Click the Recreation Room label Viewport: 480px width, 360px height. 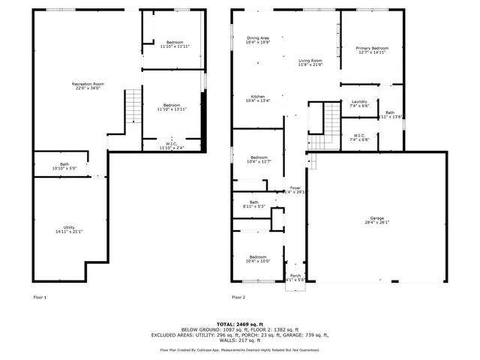(88, 84)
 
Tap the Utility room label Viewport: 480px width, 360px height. (67, 228)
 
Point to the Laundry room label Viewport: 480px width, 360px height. (359, 103)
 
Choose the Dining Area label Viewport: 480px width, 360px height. (258, 38)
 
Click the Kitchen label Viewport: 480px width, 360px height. (258, 97)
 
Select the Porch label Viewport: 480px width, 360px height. (296, 277)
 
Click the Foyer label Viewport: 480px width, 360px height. (295, 188)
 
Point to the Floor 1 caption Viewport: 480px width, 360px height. (40, 298)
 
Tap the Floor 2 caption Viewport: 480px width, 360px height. (238, 298)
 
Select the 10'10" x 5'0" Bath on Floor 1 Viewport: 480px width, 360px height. (64, 166)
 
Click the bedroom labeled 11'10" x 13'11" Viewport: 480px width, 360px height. (173, 106)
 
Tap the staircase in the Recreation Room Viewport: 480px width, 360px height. (133, 105)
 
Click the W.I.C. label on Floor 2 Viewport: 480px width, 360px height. (359, 136)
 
